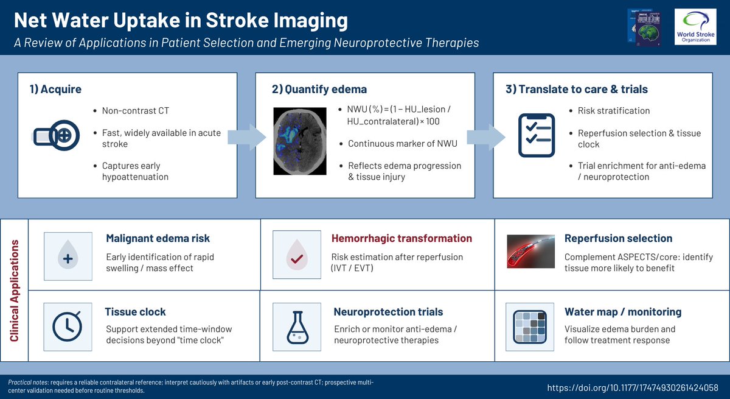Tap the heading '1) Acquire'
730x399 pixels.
click(55, 90)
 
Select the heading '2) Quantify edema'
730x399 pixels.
click(319, 90)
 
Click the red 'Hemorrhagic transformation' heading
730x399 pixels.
click(401, 238)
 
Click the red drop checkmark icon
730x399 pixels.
click(297, 254)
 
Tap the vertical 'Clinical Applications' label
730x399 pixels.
click(15, 291)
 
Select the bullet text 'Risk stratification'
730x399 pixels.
click(613, 111)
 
